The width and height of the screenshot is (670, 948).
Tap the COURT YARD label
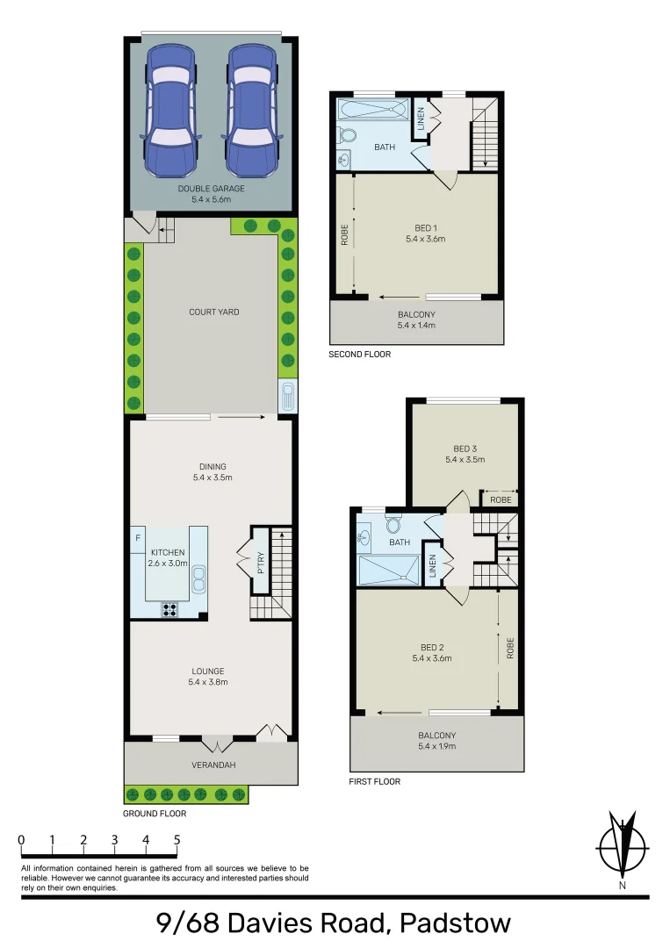pyautogui.click(x=213, y=312)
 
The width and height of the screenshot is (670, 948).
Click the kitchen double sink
pyautogui.click(x=200, y=578)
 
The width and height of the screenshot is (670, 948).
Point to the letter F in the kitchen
pyautogui.click(x=138, y=537)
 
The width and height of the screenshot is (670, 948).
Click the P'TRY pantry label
pyautogui.click(x=261, y=562)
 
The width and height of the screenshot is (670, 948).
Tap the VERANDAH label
pyautogui.click(x=213, y=765)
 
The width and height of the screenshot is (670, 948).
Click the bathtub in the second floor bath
pyautogui.click(x=374, y=111)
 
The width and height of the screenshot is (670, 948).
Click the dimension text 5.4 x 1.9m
pyautogui.click(x=436, y=746)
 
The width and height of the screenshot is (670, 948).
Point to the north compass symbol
pyautogui.click(x=623, y=849)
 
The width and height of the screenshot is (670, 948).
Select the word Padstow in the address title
pyautogui.click(x=454, y=923)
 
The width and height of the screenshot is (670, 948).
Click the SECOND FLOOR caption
pyautogui.click(x=359, y=355)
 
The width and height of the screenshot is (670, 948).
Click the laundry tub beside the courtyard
pyautogui.click(x=286, y=397)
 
